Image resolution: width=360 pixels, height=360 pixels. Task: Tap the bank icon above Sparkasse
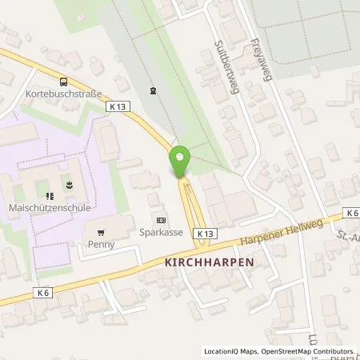click(x=162, y=220)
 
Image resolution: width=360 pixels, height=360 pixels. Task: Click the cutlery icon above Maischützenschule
click(x=49, y=194)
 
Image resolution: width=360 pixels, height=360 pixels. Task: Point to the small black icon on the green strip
click(x=153, y=90)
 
